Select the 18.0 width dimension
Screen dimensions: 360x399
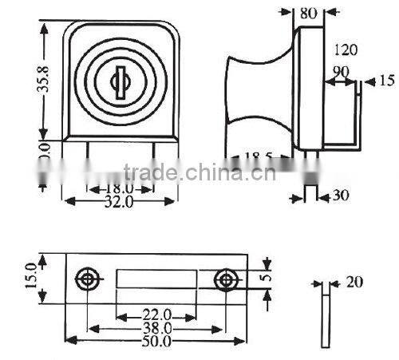pyautogui.click(x=117, y=188)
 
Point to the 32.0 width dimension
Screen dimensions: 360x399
pyautogui.click(x=117, y=202)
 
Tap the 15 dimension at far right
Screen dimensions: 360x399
pyautogui.click(x=386, y=81)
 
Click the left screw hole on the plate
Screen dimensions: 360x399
pyautogui.click(x=86, y=279)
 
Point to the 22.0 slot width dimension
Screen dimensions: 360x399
pyautogui.click(x=156, y=314)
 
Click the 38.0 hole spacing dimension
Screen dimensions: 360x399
pyautogui.click(x=156, y=327)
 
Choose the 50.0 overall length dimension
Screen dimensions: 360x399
pyautogui.click(x=156, y=341)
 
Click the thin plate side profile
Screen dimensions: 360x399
pyautogui.click(x=325, y=319)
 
